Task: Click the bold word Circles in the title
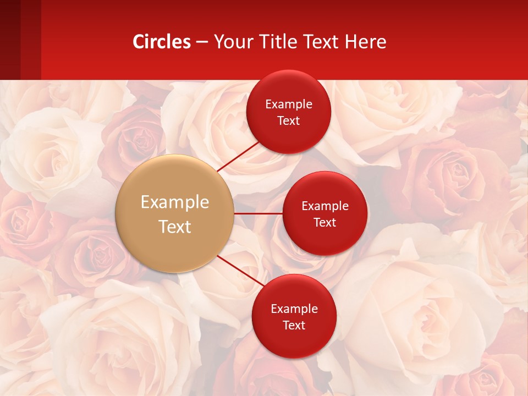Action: point(162,42)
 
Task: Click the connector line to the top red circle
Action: point(239,156)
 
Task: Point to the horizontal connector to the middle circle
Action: point(258,213)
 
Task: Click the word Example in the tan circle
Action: point(175,202)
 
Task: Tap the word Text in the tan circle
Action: point(175,227)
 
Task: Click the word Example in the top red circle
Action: point(289,105)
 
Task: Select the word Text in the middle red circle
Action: point(325,222)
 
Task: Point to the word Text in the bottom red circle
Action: point(294,325)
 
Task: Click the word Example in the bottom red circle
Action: point(294,309)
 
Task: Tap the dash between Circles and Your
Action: point(202,42)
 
